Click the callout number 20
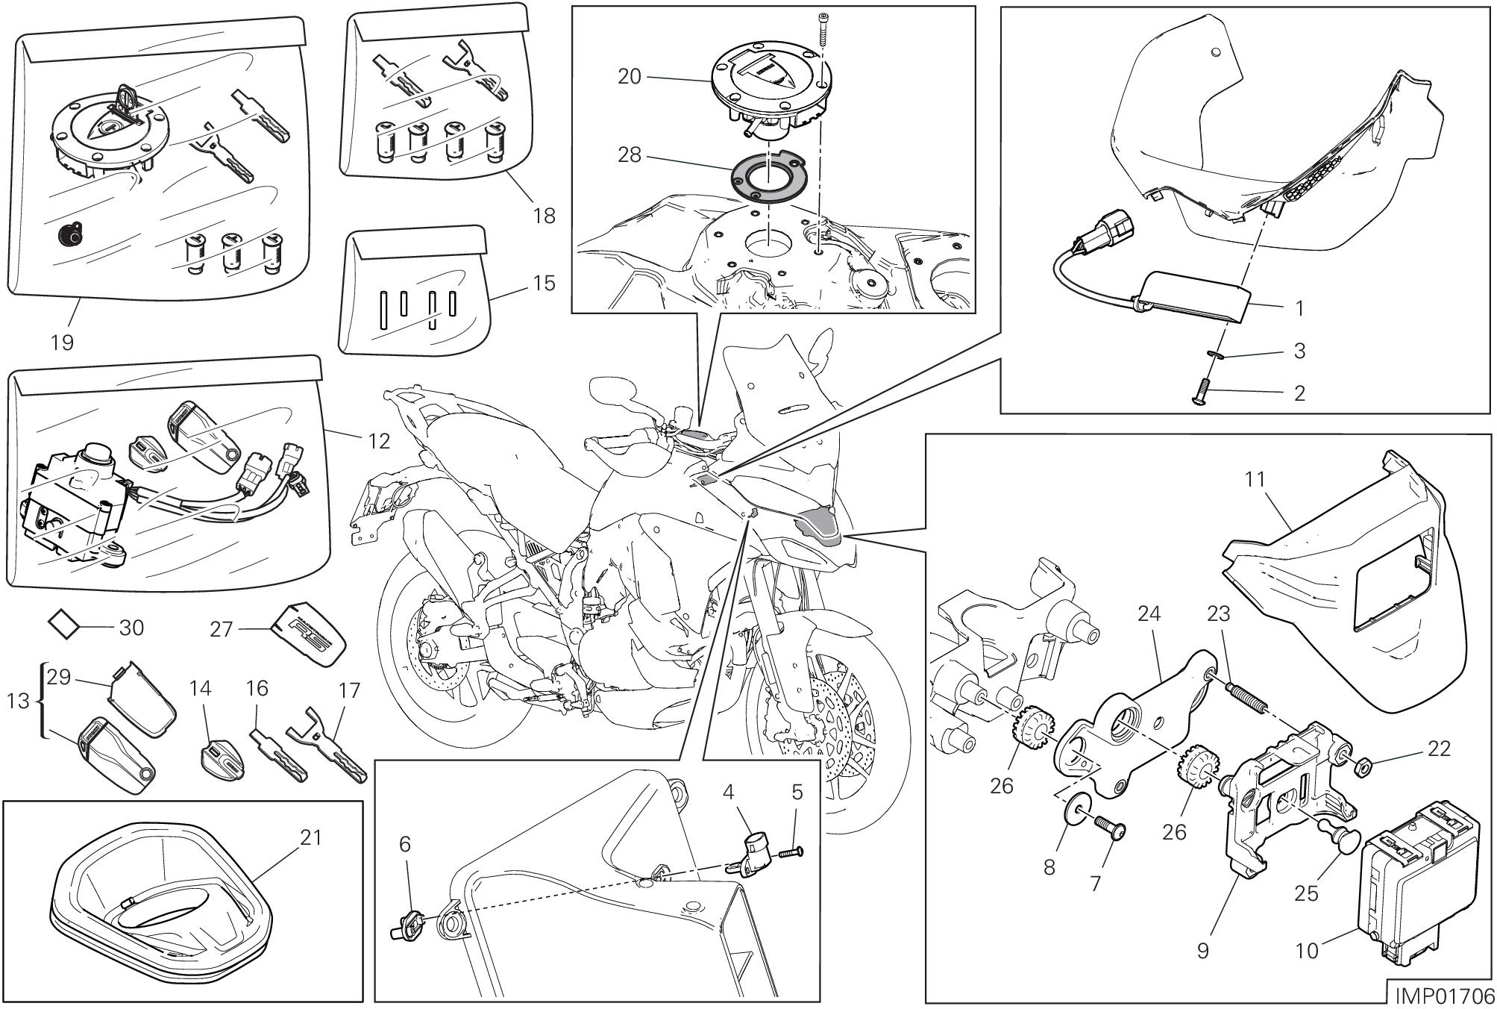[x=630, y=76]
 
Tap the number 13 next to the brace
[x=22, y=701]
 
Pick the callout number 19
[x=63, y=343]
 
